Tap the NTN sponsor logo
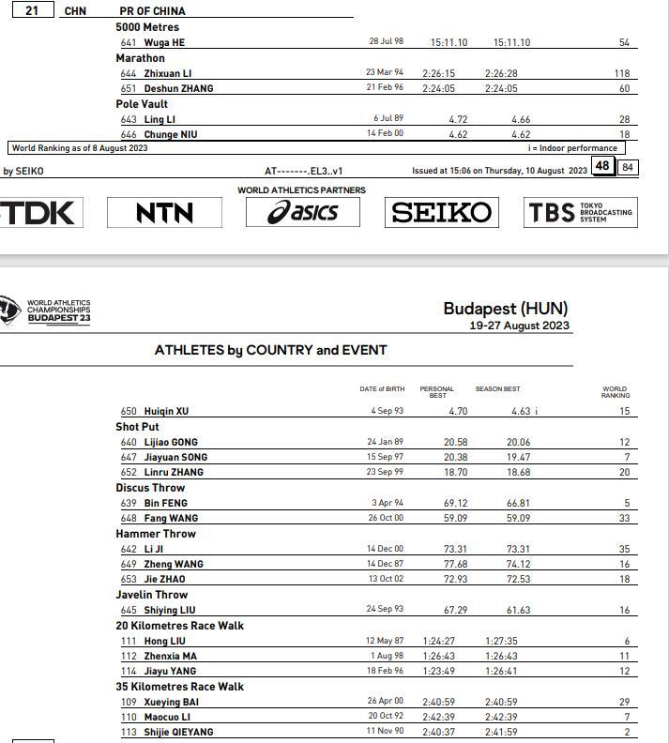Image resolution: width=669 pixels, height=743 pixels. pos(164,213)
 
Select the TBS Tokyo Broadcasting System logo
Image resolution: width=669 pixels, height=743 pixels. pos(580,213)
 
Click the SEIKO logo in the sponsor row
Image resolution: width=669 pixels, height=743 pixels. pos(441,213)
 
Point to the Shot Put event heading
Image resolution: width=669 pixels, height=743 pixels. pos(137,427)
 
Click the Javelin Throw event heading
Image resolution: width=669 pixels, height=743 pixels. pos(152,595)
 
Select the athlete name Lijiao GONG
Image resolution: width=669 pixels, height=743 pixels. pos(171,442)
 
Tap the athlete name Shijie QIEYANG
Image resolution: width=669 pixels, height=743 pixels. pos(178,732)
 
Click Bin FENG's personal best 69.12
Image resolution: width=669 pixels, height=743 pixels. pos(455,503)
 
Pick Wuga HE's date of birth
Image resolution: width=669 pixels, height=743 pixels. pos(386,42)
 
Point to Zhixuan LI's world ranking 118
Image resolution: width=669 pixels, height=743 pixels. pos(622,73)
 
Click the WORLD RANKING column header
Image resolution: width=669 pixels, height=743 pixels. pos(615,392)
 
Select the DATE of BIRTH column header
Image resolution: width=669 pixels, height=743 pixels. pos(382,389)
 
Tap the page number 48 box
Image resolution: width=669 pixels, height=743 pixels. pos(602,167)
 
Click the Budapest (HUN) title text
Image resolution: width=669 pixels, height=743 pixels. pos(505,309)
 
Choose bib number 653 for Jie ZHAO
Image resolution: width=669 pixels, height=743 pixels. pos(129,579)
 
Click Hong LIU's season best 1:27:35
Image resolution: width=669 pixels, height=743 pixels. pos(501,641)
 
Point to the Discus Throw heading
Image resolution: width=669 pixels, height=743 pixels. pos(150,488)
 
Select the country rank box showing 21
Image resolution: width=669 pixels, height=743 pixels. pos(32,10)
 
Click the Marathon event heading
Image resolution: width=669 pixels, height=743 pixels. pos(140,58)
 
